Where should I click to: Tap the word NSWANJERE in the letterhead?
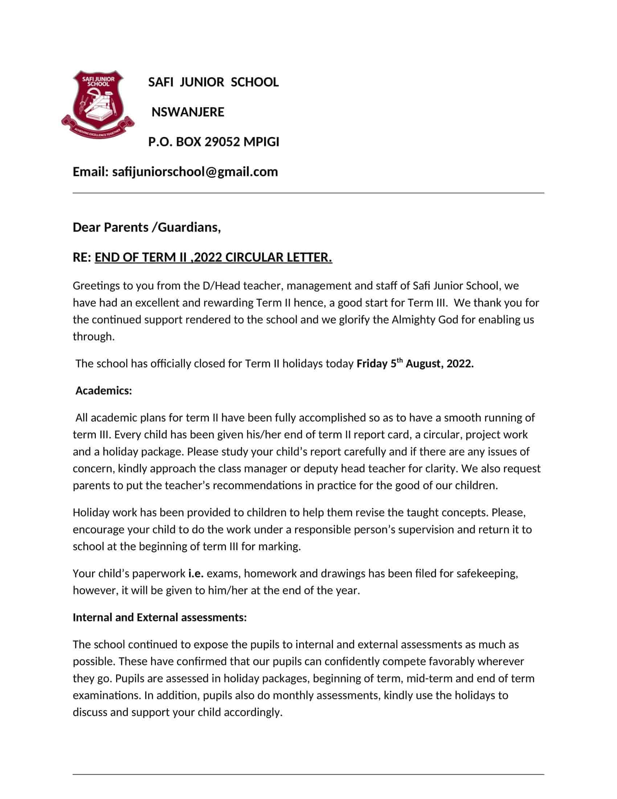(188, 112)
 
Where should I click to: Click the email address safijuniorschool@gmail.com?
(195, 171)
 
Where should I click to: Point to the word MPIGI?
(261, 142)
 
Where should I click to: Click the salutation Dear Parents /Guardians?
(147, 227)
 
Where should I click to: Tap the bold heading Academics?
(103, 391)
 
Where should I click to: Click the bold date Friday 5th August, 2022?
(415, 364)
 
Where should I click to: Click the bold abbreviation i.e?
(196, 573)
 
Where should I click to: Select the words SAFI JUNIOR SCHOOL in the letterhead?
(213, 82)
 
